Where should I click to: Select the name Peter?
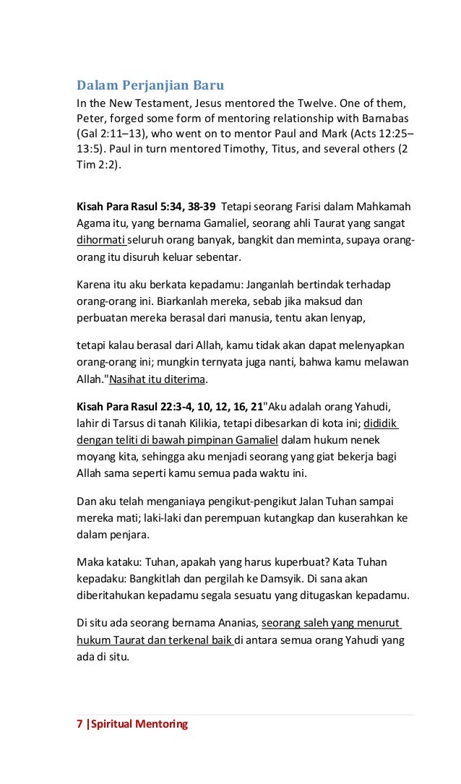tap(91, 119)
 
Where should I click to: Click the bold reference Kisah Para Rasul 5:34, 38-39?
tap(147, 207)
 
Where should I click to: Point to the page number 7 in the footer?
tap(79, 723)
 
